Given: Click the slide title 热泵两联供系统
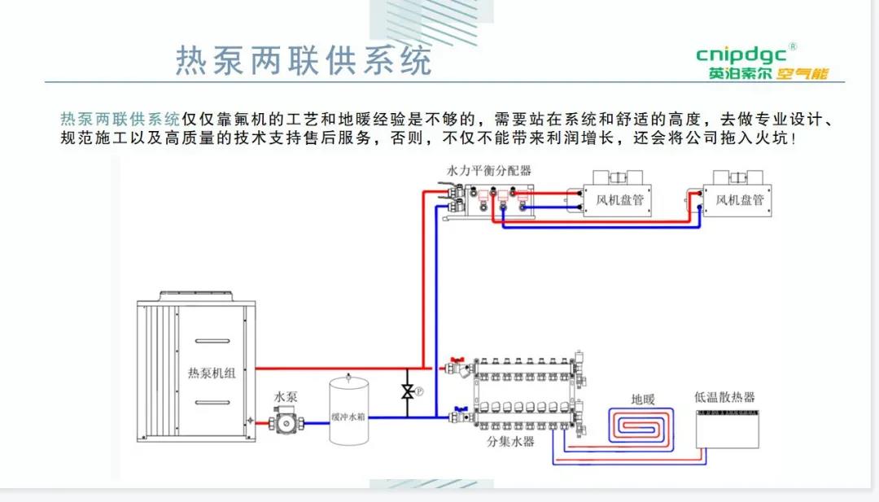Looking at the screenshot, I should click(303, 60).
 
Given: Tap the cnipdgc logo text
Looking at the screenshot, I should click(741, 55).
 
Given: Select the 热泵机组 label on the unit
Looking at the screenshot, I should click(212, 373).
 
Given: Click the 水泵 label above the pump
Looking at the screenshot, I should click(286, 396).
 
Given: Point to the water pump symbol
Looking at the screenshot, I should click(285, 422).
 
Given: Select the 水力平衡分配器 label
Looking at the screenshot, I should click(488, 171).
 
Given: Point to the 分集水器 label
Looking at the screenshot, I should click(510, 442).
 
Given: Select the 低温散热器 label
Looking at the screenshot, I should click(724, 397).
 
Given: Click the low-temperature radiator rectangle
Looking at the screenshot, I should click(728, 428).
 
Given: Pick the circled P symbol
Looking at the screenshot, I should click(420, 391).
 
